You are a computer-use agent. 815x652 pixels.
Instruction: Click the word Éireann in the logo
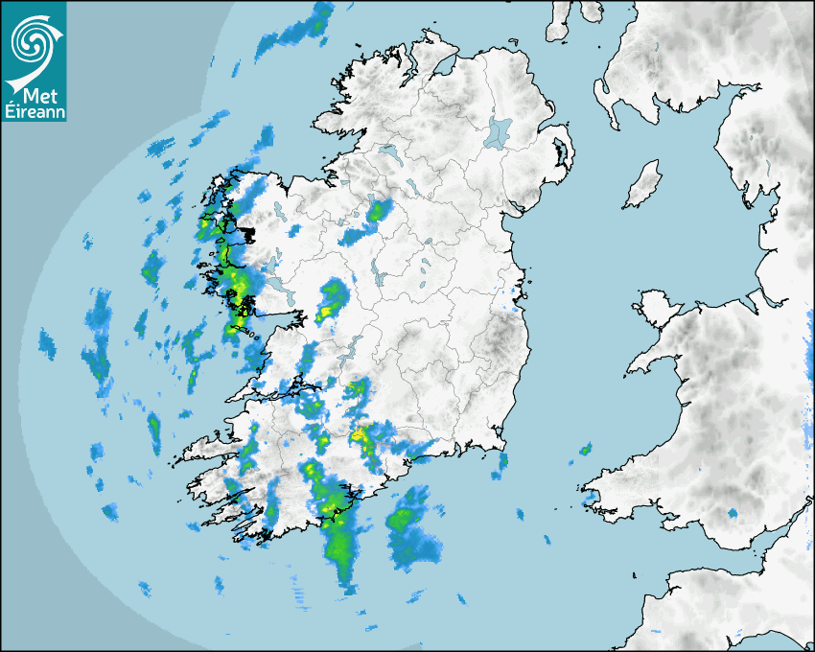34,112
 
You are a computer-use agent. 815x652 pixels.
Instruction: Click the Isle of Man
643,185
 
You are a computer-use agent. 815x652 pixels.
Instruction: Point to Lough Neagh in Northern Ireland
499,131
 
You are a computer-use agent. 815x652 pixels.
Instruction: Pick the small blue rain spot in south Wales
733,514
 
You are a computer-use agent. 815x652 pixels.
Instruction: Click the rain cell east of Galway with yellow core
331,299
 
